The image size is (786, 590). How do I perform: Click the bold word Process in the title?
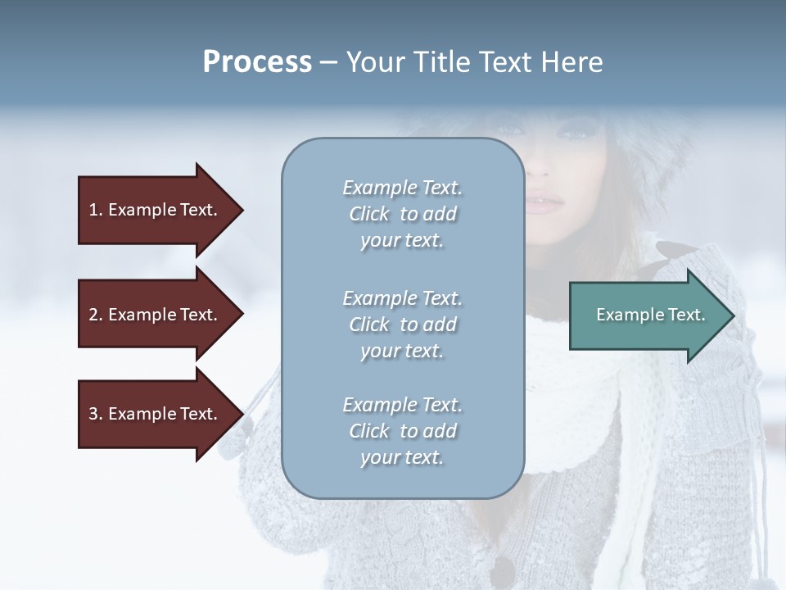(257, 62)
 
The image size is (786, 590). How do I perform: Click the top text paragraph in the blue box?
(402, 214)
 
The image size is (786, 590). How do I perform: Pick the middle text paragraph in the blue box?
(402, 324)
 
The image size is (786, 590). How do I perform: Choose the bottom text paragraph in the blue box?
(402, 431)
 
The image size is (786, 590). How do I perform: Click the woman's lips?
(544, 202)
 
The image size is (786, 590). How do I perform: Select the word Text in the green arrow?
(686, 315)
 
